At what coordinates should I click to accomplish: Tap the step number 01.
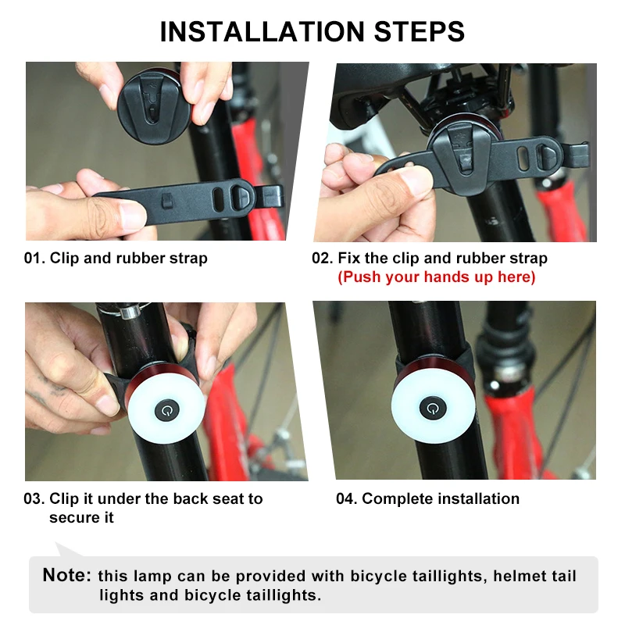(x=34, y=259)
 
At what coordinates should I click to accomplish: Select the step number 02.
(x=322, y=259)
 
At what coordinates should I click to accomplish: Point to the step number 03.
(x=34, y=499)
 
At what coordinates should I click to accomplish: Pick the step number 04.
(x=346, y=499)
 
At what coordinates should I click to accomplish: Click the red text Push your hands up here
(x=436, y=277)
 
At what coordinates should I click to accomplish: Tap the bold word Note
(x=67, y=576)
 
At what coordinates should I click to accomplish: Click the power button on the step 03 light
(x=166, y=409)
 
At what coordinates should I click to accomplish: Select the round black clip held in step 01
(x=154, y=105)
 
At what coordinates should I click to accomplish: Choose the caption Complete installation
(x=441, y=499)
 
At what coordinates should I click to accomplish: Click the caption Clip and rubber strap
(x=129, y=259)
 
